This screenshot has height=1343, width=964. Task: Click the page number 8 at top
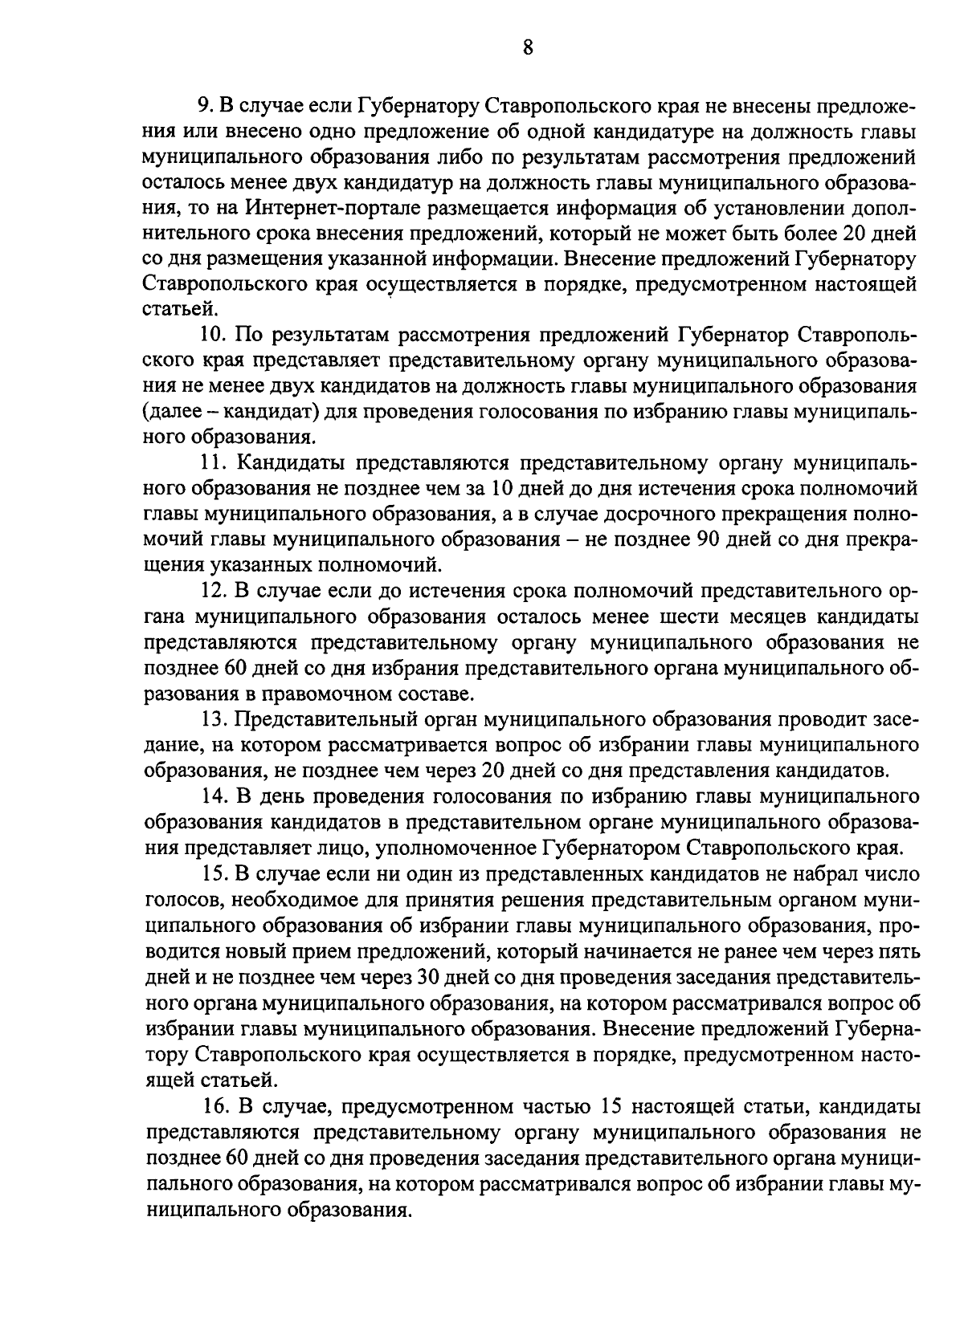point(527,46)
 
